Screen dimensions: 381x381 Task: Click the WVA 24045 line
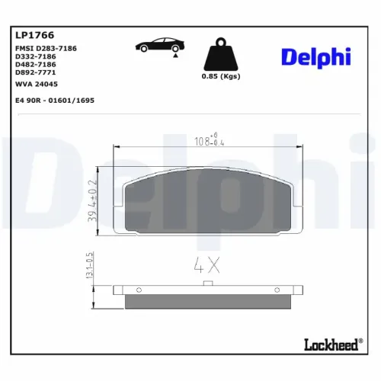pyautogui.click(x=37, y=85)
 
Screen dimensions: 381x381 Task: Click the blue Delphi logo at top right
pyautogui.click(x=315, y=57)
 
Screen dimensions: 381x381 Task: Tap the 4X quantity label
pyautogui.click(x=207, y=267)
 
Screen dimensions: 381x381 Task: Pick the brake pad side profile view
pyautogui.click(x=207, y=297)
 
